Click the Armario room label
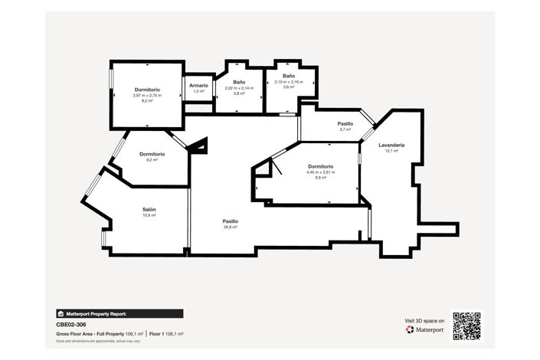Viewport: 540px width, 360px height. pos(198,85)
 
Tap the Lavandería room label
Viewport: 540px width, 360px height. pos(391,145)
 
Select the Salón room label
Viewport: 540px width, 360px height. pos(149,209)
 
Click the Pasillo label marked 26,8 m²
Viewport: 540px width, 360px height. pos(231,221)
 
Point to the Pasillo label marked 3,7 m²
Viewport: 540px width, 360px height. pos(345,123)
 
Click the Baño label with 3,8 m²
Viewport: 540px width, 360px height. pos(239,82)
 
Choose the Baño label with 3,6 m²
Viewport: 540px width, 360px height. pos(288,76)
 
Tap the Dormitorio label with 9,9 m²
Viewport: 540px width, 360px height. pos(320,166)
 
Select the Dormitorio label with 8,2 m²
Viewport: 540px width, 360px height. pos(147,90)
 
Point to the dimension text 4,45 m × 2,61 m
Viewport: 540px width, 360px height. pos(320,172)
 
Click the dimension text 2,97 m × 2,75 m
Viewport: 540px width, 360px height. pos(147,96)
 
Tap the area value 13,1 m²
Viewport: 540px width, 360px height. pos(391,151)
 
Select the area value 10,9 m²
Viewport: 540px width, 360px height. pos(149,215)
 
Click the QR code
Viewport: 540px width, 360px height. pos(466,325)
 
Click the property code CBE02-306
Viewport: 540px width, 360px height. pos(72,325)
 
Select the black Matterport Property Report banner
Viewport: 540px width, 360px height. pos(119,313)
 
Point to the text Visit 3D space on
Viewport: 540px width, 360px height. pos(424,320)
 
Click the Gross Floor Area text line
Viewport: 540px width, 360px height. pos(119,334)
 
